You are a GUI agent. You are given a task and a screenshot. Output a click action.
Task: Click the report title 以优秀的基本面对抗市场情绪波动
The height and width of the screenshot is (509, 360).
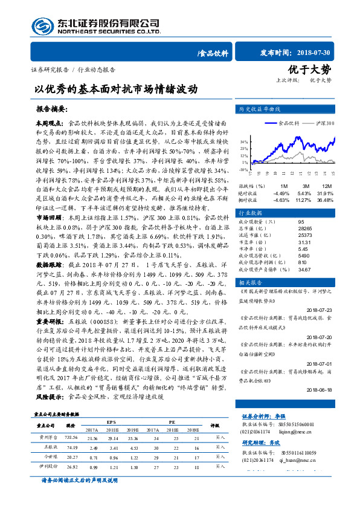click(116, 88)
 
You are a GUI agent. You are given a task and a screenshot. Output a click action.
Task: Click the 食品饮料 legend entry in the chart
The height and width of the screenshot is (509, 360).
click(289, 123)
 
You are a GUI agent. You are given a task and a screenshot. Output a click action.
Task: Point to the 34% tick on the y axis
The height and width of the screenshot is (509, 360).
click(243, 141)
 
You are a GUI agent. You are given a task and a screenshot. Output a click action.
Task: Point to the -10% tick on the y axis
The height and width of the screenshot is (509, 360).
click(243, 170)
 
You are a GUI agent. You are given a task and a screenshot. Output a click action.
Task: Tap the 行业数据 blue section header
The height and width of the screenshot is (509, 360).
click(251, 213)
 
